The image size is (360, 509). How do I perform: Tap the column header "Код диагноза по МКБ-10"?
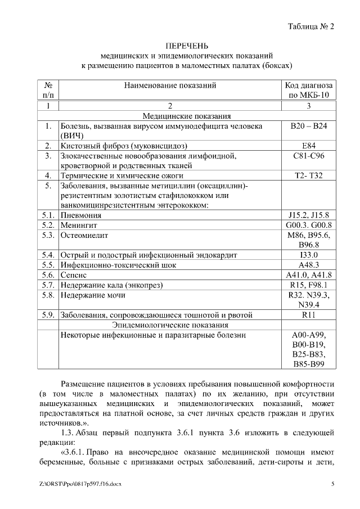(x=309, y=90)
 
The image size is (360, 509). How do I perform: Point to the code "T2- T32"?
(x=309, y=175)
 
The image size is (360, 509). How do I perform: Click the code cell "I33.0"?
(x=309, y=254)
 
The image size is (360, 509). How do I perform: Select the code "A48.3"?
(x=309, y=264)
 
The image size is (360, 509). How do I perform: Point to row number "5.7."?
(x=48, y=285)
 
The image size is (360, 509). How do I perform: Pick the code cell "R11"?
(x=309, y=314)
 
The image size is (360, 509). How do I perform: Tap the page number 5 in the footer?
(x=332, y=484)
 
